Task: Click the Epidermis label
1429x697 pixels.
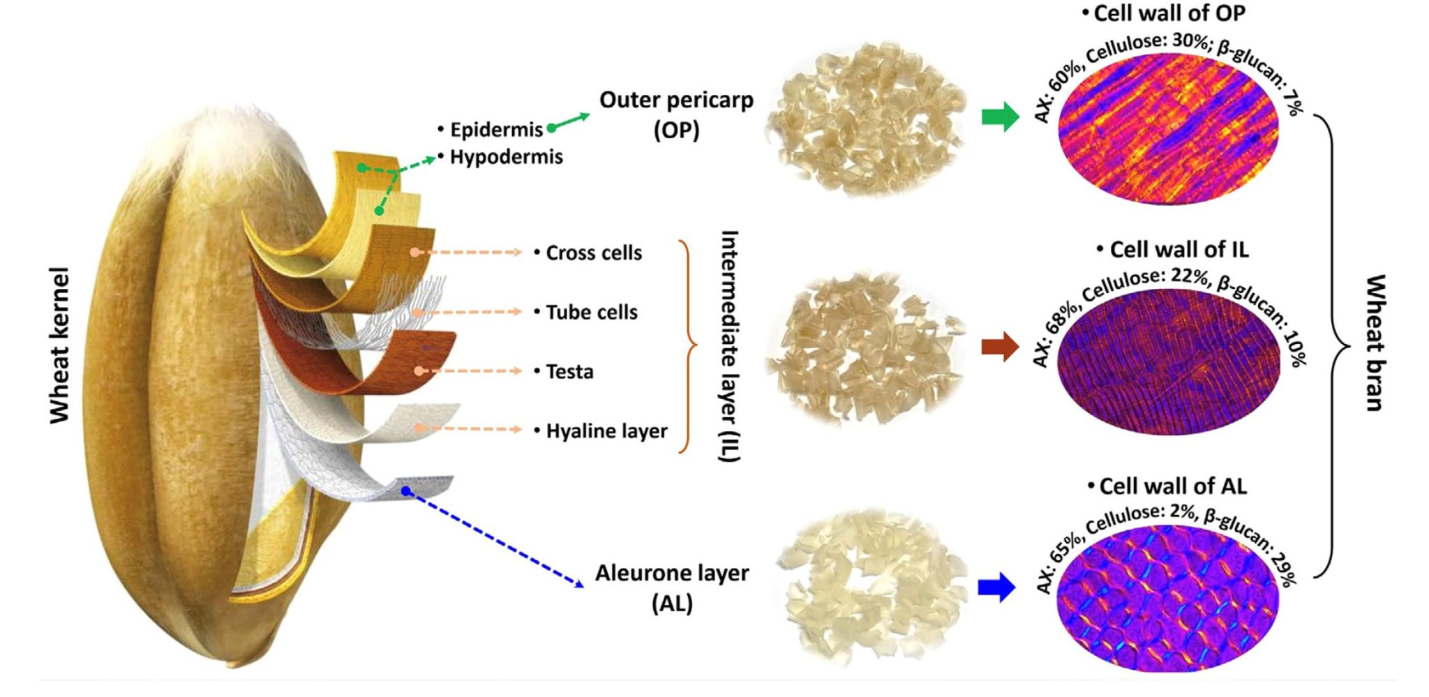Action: [495, 130]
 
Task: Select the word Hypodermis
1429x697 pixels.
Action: [506, 157]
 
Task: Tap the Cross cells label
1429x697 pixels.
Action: [593, 253]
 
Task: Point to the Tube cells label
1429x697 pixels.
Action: [591, 312]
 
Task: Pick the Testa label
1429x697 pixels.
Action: [569, 371]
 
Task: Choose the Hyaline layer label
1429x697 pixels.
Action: [606, 431]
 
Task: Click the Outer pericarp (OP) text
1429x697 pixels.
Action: [676, 114]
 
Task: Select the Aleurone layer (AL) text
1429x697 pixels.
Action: [672, 587]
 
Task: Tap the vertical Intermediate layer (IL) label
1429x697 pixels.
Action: [729, 346]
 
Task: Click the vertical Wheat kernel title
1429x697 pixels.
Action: [61, 345]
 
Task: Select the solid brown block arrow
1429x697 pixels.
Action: [1000, 347]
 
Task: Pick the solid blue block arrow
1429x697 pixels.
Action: [996, 587]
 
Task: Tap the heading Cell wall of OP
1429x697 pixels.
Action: [1169, 13]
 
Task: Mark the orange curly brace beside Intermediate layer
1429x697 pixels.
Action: [689, 346]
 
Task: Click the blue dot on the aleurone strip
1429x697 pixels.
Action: [406, 492]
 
